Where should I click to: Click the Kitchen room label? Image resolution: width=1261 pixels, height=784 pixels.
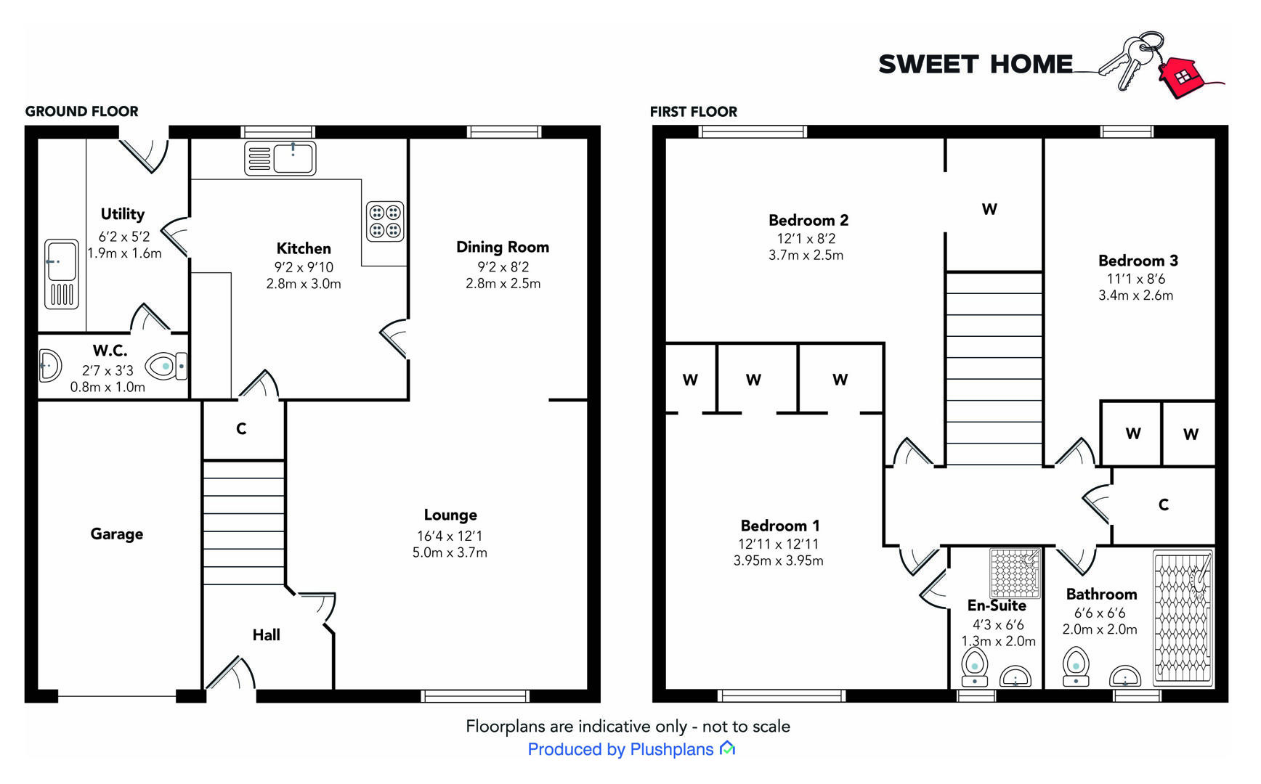303,248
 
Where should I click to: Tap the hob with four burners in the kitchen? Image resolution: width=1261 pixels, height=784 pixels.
385,221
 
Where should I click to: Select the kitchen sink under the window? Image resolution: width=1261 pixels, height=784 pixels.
280,158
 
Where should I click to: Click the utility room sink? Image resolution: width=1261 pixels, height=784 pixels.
62,274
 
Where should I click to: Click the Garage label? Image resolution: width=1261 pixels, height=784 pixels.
116,534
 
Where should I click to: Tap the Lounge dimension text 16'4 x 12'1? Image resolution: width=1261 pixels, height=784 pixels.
450,536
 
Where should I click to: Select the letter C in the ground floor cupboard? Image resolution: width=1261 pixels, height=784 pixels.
241,429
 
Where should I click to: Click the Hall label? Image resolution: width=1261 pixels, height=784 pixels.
266,635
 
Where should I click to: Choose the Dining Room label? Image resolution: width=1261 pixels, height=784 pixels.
502,247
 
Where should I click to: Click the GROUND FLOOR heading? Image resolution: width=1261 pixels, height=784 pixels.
81,111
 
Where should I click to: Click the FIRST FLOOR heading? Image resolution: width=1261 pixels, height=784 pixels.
693,111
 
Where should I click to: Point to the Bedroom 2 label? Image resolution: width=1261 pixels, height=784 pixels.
808,220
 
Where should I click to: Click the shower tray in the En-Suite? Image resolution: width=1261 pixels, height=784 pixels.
1015,573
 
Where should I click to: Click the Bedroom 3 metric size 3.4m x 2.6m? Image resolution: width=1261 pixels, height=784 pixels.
1135,295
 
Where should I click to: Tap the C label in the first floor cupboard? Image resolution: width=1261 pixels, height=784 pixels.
1163,505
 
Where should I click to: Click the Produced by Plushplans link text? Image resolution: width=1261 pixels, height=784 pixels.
620,749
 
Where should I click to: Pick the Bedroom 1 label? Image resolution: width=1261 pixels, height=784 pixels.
779,526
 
